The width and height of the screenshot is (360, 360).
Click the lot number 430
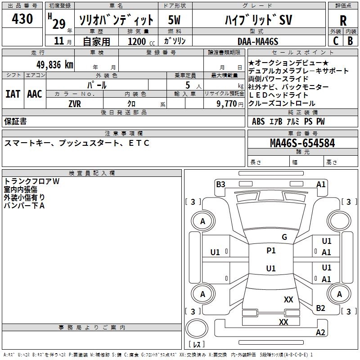tap(22, 19)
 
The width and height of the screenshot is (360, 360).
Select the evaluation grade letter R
tap(343, 20)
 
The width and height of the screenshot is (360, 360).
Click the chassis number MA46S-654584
tap(302, 144)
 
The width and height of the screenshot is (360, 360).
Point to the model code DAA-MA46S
tap(258, 41)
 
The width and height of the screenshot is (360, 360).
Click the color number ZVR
tap(75, 103)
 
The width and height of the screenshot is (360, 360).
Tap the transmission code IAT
tap(13, 94)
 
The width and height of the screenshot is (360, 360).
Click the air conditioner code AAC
tap(35, 94)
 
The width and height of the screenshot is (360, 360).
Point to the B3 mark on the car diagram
tap(220, 184)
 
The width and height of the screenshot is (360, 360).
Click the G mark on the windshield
tap(284, 237)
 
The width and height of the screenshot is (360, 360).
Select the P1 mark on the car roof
tap(271, 251)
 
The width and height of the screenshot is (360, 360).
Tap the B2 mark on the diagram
tap(320, 308)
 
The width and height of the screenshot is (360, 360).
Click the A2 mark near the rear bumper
tap(320, 333)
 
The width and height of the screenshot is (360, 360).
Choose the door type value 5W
tap(174, 20)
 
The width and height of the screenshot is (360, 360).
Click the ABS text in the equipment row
tap(258, 121)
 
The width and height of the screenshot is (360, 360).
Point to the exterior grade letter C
tap(336, 41)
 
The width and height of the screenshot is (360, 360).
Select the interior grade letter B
tap(351, 41)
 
